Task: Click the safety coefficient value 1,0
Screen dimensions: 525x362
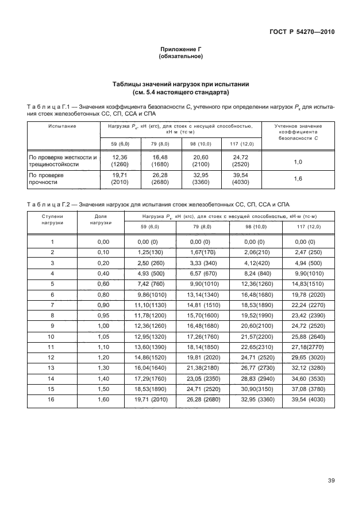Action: point(298,162)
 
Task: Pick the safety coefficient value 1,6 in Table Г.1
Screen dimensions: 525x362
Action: point(298,179)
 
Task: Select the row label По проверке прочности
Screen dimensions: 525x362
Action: point(47,178)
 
